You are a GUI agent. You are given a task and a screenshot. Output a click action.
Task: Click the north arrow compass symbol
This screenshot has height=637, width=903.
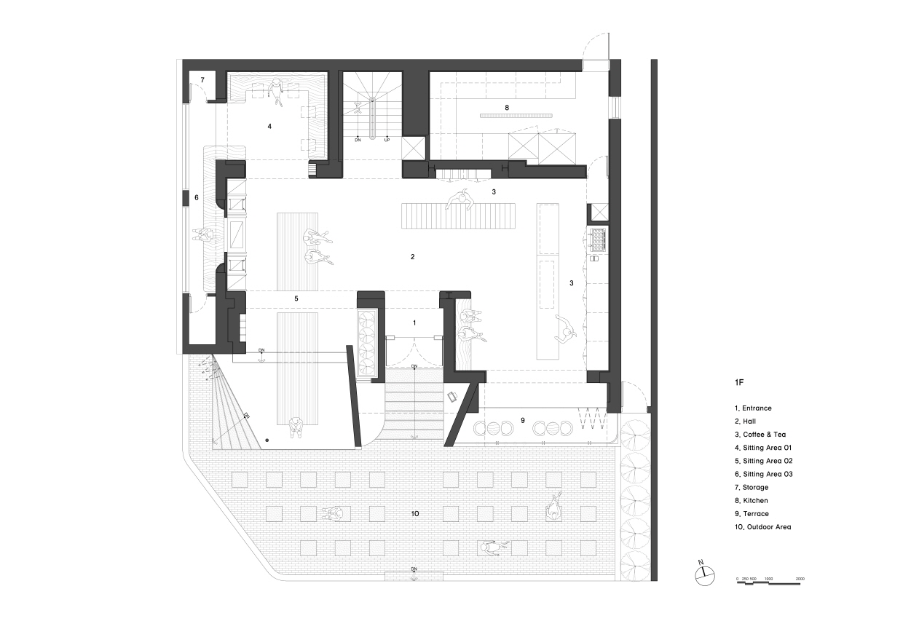point(705,574)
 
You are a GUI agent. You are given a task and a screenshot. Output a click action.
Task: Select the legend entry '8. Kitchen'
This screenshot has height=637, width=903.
point(751,500)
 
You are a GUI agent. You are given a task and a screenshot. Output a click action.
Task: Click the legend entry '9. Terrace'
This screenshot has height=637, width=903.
point(752,514)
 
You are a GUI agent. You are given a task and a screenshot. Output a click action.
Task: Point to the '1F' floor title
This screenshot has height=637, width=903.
point(739,382)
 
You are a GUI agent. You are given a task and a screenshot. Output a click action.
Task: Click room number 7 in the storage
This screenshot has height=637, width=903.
point(202,80)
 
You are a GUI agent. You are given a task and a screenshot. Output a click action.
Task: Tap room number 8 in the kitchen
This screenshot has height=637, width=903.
point(507,108)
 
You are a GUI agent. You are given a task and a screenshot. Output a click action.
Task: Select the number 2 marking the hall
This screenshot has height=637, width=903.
point(412,257)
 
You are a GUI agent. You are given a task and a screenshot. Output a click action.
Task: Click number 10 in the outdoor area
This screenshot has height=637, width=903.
point(415,514)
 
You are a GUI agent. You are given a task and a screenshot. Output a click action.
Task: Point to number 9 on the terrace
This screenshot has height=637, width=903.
point(522,420)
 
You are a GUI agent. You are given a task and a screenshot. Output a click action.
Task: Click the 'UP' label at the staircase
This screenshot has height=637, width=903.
point(387,141)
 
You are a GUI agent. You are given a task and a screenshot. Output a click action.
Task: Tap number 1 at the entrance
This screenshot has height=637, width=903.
point(414,323)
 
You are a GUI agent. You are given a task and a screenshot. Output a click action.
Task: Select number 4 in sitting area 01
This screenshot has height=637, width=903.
point(269,127)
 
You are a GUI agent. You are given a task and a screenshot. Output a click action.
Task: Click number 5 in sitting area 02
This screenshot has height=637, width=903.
point(296,298)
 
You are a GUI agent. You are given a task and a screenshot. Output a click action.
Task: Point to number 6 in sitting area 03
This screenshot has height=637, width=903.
point(197,197)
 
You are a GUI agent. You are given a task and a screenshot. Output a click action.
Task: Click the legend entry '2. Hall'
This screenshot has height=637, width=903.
point(745,421)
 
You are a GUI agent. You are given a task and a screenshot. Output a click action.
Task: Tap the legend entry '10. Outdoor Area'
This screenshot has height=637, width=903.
point(762,527)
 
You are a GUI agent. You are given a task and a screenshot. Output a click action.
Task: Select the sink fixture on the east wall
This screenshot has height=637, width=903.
point(597,240)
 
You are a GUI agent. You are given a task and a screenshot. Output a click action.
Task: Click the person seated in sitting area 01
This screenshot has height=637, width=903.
point(277,93)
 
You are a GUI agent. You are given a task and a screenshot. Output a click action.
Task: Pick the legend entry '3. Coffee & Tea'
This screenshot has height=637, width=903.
point(760,435)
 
